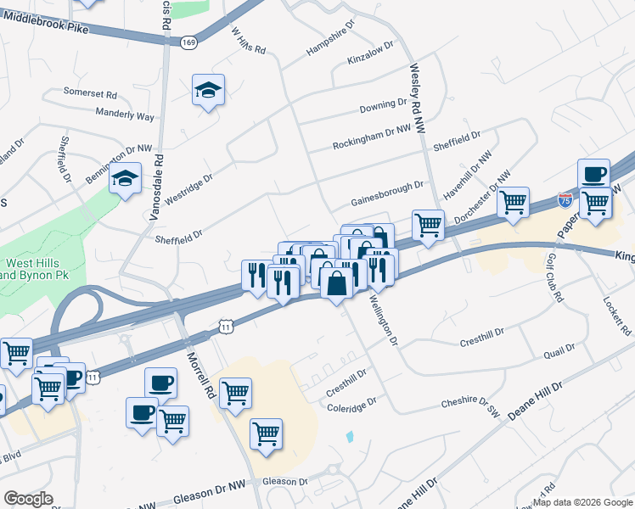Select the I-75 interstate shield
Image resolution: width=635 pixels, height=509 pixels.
pyautogui.click(x=565, y=200)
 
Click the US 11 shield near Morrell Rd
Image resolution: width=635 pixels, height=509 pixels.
pyautogui.click(x=224, y=326)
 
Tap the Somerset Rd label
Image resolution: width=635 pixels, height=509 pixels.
pyautogui.click(x=90, y=92)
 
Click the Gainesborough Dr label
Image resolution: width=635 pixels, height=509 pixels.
pyautogui.click(x=387, y=197)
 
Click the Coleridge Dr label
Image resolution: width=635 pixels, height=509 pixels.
pyautogui.click(x=351, y=406)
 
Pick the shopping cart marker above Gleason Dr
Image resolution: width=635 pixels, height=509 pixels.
pyautogui.click(x=267, y=435)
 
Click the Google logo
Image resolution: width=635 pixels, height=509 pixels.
pyautogui.click(x=29, y=499)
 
